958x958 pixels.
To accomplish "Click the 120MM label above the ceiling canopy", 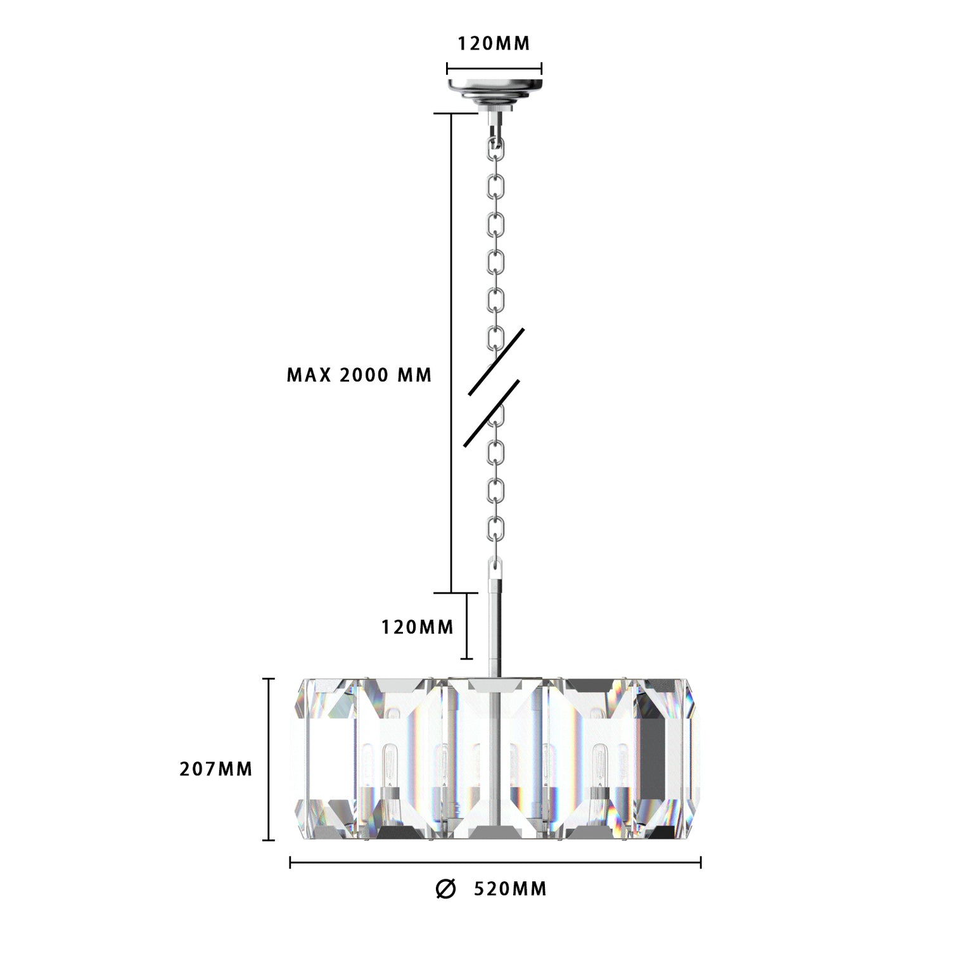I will tap(494, 43).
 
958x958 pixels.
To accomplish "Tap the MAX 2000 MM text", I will tap(359, 375).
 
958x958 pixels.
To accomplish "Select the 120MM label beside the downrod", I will tap(418, 627).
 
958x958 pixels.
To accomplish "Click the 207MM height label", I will tap(216, 769).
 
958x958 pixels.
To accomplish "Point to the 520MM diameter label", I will tap(510, 889).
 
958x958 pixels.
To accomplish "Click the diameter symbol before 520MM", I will tap(445, 889).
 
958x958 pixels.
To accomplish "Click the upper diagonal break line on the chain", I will tap(496, 362).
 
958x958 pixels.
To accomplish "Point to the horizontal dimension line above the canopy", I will tap(494, 68).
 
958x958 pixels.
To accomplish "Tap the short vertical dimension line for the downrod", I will tap(468, 626).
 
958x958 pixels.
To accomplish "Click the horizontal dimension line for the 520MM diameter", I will tap(495, 862).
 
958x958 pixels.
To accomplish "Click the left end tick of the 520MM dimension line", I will tap(290, 862).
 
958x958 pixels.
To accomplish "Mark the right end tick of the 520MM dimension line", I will tap(700, 862).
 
